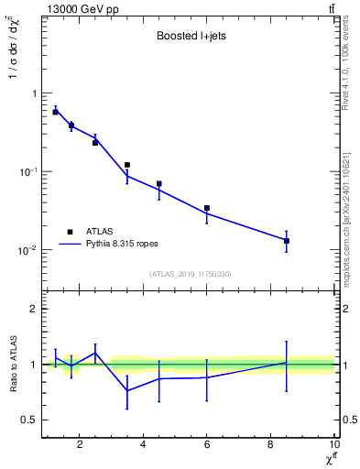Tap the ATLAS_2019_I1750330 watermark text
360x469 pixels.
tap(190, 274)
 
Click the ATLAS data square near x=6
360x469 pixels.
tap(207, 208)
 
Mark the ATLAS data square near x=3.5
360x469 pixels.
tap(127, 165)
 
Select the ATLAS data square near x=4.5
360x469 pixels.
tap(159, 184)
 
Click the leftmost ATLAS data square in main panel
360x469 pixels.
tap(55, 112)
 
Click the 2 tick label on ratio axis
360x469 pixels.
tap(33, 309)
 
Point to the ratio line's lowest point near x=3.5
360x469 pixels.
tap(127, 391)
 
